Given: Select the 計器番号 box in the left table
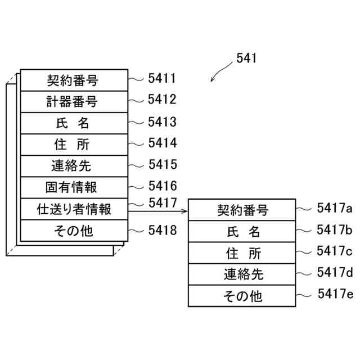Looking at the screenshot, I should tap(72, 102).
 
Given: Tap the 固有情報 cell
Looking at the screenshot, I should tap(72, 187).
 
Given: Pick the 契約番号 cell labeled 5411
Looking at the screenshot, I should tap(72, 80).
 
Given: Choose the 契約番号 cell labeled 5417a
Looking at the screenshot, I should tap(242, 210).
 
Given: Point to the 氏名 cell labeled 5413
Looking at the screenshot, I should tap(72, 123).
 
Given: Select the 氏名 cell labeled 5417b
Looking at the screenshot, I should tap(242, 231).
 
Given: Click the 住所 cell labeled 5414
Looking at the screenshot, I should tap(72, 145).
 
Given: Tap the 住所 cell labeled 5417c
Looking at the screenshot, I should tap(242, 253).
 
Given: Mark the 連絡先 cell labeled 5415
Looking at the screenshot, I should tap(72, 166).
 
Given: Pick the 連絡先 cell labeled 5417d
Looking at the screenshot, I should tap(242, 274).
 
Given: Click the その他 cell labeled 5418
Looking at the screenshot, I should tap(72, 231).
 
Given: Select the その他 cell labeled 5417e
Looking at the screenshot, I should tap(242, 295).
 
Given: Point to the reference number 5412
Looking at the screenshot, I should tap(162, 100).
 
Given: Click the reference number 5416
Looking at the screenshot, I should tap(162, 186).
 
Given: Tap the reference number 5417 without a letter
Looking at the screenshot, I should tap(162, 202).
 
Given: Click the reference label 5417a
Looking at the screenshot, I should tap(335, 208).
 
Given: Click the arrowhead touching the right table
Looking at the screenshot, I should tap(185, 211).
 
